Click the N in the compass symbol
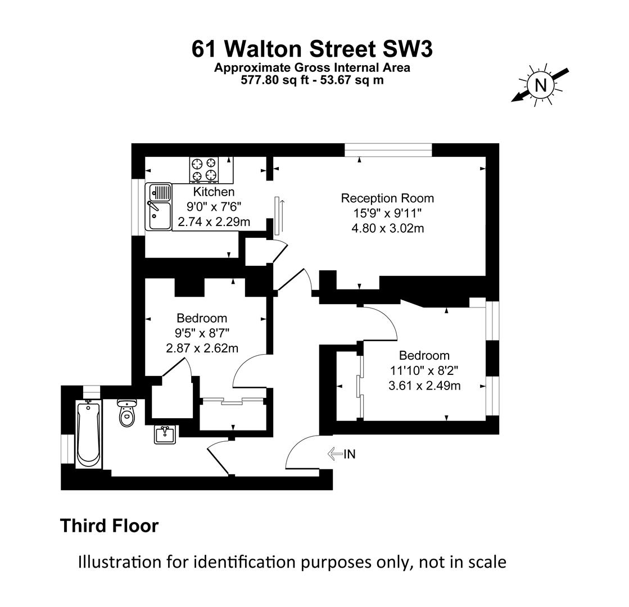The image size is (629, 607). pyautogui.click(x=541, y=85)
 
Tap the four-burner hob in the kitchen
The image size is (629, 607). pyautogui.click(x=204, y=170)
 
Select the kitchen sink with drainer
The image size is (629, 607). pyautogui.click(x=159, y=207)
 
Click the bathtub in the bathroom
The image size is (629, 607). pyautogui.click(x=88, y=434)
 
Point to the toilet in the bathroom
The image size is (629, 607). pyautogui.click(x=127, y=413)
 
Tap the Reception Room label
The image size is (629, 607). pyautogui.click(x=387, y=198)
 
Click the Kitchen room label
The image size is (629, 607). pyautogui.click(x=214, y=192)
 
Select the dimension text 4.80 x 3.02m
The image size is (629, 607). pyautogui.click(x=387, y=228)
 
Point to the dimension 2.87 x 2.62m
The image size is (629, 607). pyautogui.click(x=202, y=348)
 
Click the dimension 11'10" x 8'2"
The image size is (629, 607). pyautogui.click(x=424, y=370)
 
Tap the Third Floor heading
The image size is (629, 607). pyautogui.click(x=110, y=526)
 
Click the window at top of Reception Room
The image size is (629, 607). pyautogui.click(x=388, y=150)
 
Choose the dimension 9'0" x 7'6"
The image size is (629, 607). pyautogui.click(x=214, y=207)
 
